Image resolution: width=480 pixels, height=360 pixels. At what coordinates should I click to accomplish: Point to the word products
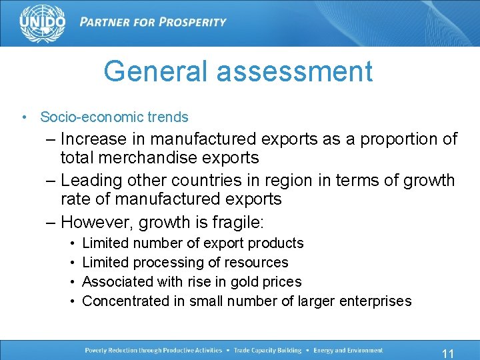[276, 243]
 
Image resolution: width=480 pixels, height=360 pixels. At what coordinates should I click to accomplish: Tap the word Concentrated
[125, 301]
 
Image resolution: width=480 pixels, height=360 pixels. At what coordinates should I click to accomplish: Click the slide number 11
[447, 354]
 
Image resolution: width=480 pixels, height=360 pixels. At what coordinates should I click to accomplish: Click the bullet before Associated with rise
[71, 282]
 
